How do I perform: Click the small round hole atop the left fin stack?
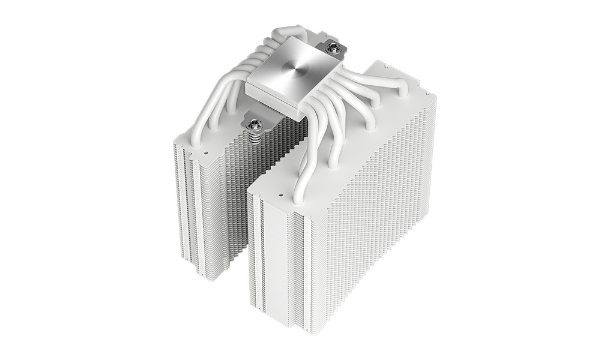point(206,152)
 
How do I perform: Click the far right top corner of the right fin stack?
point(436,96)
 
